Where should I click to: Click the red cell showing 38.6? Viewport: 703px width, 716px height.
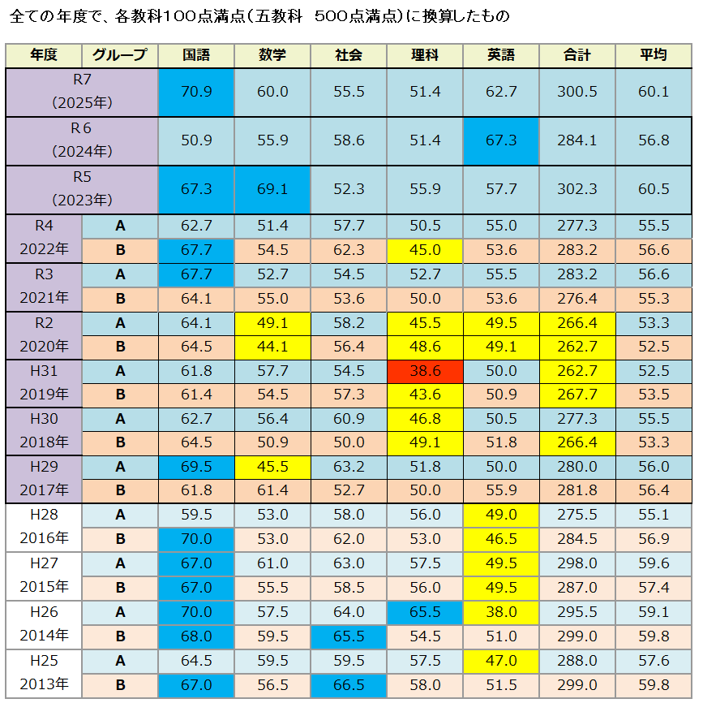point(425,371)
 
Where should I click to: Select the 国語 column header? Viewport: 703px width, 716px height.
point(196,55)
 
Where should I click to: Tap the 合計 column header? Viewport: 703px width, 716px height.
point(577,55)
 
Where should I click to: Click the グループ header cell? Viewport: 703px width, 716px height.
point(120,55)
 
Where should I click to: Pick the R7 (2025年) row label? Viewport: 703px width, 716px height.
point(81,92)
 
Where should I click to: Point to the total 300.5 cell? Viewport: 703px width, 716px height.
point(577,92)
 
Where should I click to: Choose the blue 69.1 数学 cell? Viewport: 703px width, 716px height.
point(272,189)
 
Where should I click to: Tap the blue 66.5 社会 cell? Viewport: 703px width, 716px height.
point(349,685)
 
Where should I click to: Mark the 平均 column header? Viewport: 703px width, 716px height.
point(654,55)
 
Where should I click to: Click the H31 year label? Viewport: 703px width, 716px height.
point(44,370)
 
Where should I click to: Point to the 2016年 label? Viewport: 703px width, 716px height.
point(44,539)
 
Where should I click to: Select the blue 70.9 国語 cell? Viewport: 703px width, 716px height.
point(196,92)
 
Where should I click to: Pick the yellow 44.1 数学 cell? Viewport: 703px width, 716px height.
point(272,347)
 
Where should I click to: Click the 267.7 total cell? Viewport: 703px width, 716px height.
point(577,395)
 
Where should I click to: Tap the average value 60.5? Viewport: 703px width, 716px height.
point(654,189)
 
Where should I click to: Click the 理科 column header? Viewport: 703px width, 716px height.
point(425,55)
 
